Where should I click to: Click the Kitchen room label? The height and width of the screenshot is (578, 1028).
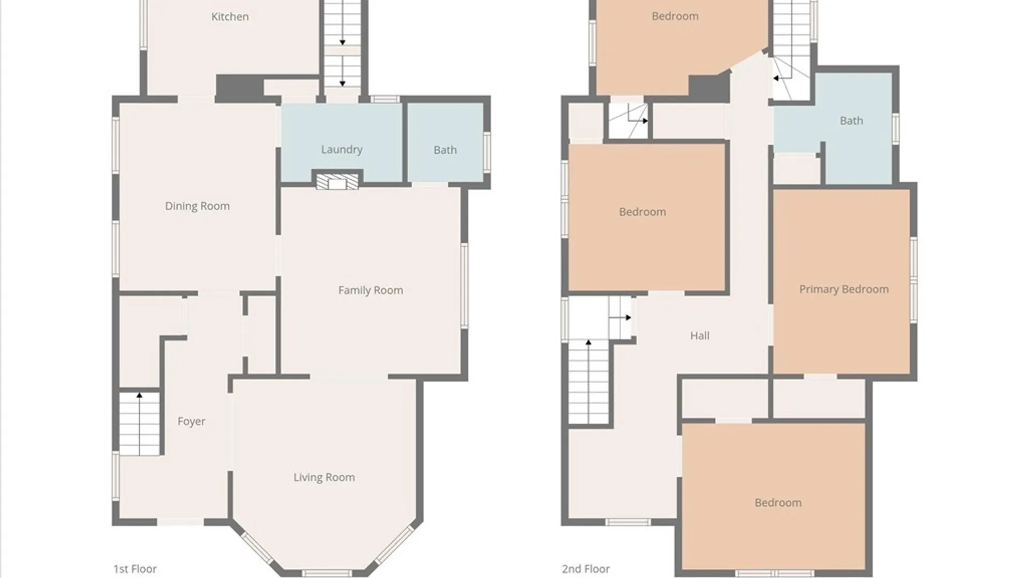230,17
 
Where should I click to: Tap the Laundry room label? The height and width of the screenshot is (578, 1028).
342,149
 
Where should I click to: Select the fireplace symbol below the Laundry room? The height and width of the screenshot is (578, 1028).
337,182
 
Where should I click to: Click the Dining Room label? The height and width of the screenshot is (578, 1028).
197,206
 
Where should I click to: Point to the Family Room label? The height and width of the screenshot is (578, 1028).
371,290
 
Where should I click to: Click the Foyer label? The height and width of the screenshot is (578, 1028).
191,421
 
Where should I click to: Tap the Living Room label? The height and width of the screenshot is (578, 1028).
324,477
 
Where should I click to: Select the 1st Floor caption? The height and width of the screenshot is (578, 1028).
135,569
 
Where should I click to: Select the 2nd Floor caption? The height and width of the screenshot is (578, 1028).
586,569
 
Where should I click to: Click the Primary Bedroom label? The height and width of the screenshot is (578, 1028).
844,290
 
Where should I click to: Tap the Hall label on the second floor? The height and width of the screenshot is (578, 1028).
699,336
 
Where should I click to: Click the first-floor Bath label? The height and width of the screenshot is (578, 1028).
445,150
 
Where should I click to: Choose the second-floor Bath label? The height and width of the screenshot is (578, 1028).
851,121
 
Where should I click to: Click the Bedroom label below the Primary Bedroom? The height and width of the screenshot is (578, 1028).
778,503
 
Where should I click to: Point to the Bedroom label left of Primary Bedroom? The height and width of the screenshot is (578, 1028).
642,212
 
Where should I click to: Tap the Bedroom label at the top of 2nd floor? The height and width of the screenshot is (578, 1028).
675,16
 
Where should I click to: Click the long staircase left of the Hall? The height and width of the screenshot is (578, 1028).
588,383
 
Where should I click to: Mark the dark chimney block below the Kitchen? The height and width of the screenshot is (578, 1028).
239,87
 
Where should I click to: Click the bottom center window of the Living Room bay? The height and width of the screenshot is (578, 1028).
327,573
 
